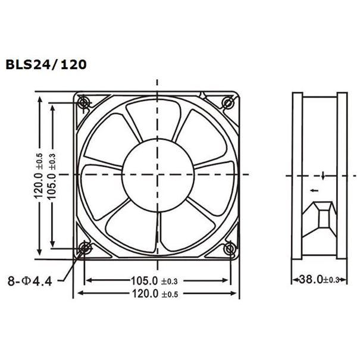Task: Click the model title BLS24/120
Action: tap(47, 63)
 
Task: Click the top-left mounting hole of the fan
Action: tap(84, 102)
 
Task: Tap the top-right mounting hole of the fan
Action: tap(229, 102)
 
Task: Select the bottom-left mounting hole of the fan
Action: tap(84, 248)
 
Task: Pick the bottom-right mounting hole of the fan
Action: tap(229, 248)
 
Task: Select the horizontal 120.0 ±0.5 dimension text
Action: tap(152, 293)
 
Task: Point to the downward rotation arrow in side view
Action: tap(323, 175)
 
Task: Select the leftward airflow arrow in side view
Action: tap(313, 191)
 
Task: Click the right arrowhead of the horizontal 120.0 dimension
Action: tap(236, 293)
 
